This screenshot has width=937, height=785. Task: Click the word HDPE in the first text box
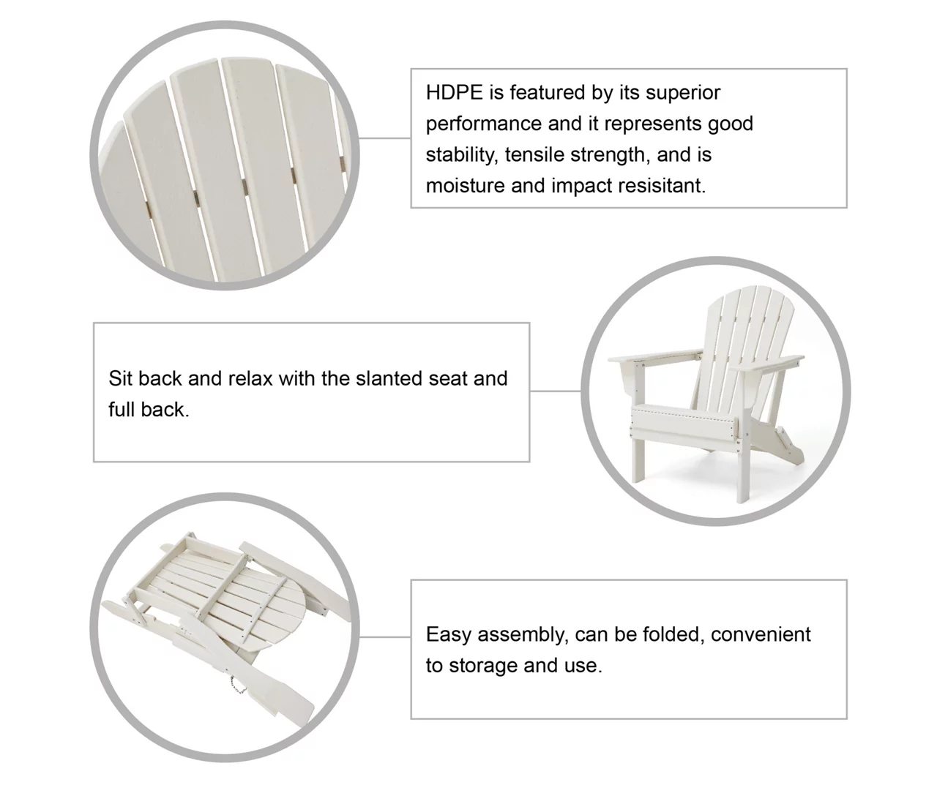(454, 92)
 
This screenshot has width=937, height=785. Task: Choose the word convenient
(761, 635)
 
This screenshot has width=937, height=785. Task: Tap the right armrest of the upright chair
(766, 364)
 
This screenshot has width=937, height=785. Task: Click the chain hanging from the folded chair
(236, 685)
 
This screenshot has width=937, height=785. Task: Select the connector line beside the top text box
(385, 138)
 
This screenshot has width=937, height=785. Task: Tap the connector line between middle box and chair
(556, 391)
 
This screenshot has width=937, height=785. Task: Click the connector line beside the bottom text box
(385, 636)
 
